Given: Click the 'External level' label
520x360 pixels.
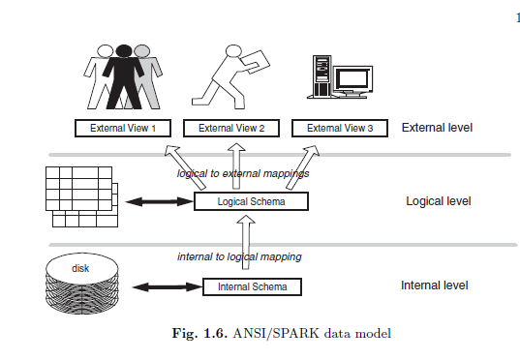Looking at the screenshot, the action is [x=437, y=128].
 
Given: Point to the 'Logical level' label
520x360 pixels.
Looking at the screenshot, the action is [x=439, y=201].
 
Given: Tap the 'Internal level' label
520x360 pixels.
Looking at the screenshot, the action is [x=435, y=285].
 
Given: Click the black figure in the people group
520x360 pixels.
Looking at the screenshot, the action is [x=124, y=76].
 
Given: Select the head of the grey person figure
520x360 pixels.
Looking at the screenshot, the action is [x=143, y=51].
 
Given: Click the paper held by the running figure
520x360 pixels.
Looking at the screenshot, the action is [x=255, y=61].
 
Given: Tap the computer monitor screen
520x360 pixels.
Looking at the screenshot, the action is [x=352, y=79].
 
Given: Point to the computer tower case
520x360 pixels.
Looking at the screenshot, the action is [x=321, y=76].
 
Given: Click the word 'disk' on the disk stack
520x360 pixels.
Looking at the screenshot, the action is [x=80, y=268].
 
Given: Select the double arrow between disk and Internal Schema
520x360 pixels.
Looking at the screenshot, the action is [x=168, y=287].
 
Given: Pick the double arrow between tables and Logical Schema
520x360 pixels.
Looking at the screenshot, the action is [x=160, y=201].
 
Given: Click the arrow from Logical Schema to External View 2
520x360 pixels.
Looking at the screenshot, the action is [x=236, y=166].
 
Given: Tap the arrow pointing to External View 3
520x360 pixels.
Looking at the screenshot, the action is [x=302, y=167].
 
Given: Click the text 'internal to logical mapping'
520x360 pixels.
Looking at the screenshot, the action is [x=239, y=256].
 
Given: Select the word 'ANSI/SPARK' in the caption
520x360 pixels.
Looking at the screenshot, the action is [x=276, y=333].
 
